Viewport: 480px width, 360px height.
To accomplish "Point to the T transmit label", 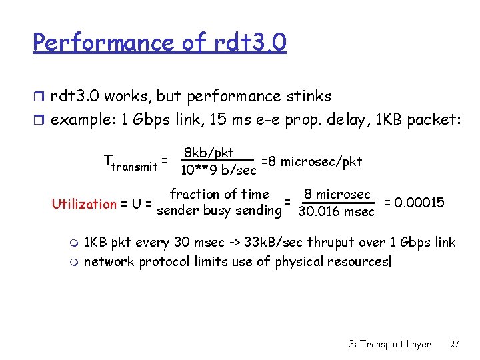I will pyautogui.click(x=131, y=162).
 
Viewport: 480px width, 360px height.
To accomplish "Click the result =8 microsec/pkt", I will pyautogui.click(x=312, y=161).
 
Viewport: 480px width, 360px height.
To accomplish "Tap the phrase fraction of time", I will pyautogui.click(x=219, y=195).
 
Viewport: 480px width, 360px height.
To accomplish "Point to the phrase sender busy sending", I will pyautogui.click(x=217, y=212).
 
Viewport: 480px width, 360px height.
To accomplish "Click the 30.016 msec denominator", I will pyautogui.click(x=337, y=212).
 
